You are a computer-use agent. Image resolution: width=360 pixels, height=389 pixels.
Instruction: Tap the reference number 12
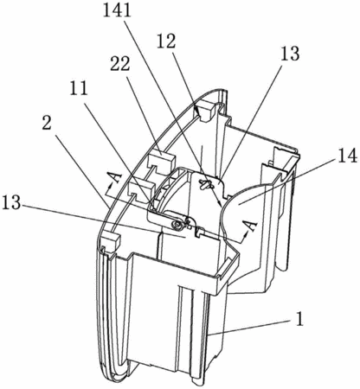[x=166, y=41]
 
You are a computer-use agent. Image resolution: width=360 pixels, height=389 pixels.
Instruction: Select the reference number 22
[x=120, y=66]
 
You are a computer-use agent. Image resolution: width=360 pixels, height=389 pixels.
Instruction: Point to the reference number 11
[x=78, y=90]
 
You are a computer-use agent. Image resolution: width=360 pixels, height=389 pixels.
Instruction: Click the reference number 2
[x=47, y=124]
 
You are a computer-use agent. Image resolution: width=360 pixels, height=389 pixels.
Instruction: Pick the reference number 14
[x=347, y=157]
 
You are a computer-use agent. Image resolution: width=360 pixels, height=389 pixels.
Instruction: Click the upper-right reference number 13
[x=290, y=54]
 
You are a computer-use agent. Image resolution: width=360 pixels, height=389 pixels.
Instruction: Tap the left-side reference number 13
[x=11, y=203]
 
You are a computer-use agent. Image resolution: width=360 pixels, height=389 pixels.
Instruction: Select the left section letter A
[x=115, y=178]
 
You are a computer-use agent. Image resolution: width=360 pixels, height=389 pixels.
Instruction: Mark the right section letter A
[x=250, y=225]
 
